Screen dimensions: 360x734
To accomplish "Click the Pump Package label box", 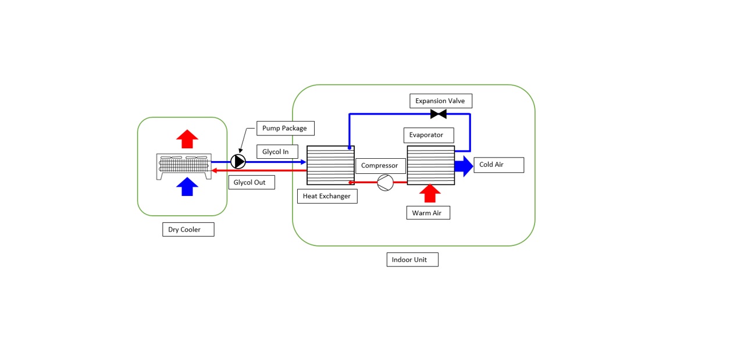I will click(x=285, y=128).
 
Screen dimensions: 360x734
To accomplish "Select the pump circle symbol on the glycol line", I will click(x=238, y=161).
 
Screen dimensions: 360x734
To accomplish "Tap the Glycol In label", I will click(x=277, y=152).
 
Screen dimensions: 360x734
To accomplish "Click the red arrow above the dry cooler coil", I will click(x=187, y=139).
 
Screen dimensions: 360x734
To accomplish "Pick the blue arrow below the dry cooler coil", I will click(x=187, y=187).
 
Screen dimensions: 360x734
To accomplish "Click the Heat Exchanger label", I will click(x=327, y=196).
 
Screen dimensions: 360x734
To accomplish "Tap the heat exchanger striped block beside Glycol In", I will click(x=330, y=165).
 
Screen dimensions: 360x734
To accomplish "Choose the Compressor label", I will click(x=380, y=166).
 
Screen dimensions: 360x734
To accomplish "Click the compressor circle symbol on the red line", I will click(x=385, y=183).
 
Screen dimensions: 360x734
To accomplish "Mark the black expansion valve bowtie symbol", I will click(x=438, y=114).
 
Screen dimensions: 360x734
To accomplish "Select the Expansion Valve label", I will click(x=440, y=101).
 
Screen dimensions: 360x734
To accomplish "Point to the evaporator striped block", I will click(x=430, y=165).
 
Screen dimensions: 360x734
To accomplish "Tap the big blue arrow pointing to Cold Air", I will click(x=464, y=166).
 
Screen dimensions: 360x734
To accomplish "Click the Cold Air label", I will click(x=498, y=165).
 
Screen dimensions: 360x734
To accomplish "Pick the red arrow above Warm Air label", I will click(x=430, y=193).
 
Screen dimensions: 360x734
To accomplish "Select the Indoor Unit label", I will click(x=412, y=259).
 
